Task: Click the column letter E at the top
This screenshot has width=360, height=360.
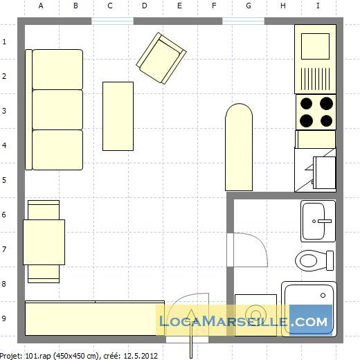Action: coord(179,6)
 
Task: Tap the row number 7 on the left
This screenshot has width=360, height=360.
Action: coord(4,249)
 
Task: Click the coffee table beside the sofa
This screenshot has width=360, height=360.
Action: coord(118,116)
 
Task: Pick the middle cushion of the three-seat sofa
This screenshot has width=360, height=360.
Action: coord(57,109)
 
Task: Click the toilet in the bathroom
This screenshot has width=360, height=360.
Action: coord(316,260)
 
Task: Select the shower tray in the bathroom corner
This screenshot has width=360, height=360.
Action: coord(309,308)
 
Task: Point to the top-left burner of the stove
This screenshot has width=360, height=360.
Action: coord(307,104)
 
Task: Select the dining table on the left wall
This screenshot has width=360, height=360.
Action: coord(44,241)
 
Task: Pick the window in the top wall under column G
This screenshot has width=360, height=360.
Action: coord(242,21)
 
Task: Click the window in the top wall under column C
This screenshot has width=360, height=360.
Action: coord(112,21)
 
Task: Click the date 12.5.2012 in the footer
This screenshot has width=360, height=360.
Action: coord(141,356)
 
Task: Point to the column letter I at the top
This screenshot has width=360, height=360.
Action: coord(318,6)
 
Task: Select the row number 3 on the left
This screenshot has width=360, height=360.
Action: coord(4,111)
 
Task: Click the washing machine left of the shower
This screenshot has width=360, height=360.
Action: coord(255,315)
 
